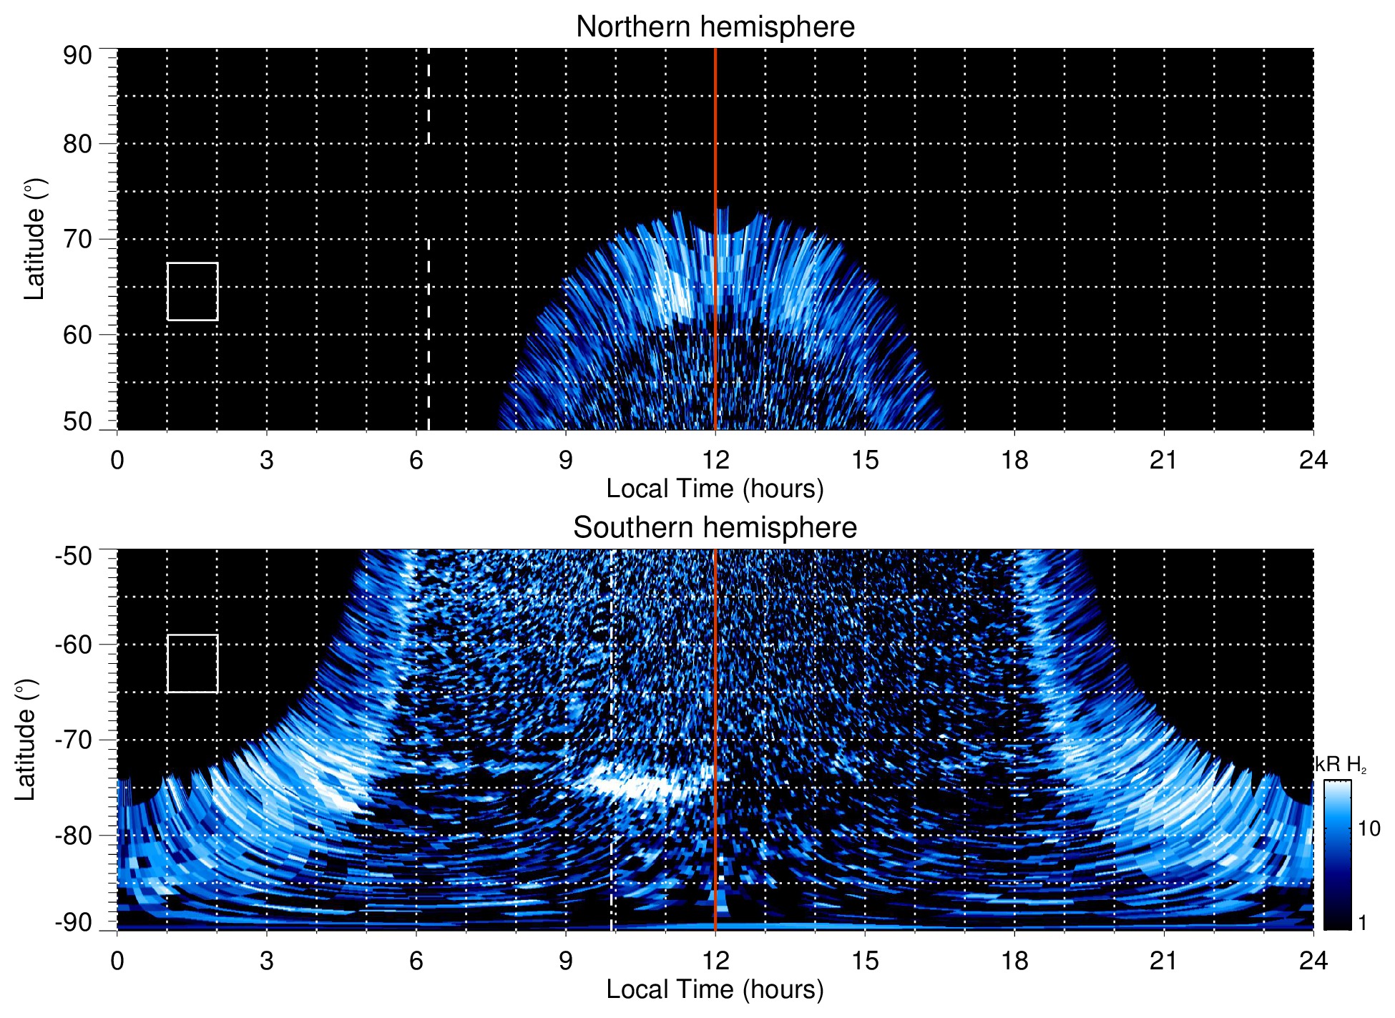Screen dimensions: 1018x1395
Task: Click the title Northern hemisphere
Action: (x=715, y=27)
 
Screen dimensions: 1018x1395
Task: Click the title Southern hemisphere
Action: (x=715, y=528)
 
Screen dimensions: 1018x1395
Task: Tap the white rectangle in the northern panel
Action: (x=192, y=291)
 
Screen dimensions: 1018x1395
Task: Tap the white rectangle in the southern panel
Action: (x=192, y=663)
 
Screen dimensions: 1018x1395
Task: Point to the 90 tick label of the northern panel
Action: (x=77, y=56)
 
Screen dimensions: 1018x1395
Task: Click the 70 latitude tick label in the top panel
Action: (x=77, y=239)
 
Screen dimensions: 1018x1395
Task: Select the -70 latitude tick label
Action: (x=74, y=740)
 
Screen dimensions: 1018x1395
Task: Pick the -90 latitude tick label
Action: (x=74, y=923)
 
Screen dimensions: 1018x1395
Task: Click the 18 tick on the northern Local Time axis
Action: (x=1014, y=460)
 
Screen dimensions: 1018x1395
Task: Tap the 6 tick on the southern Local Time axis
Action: (x=416, y=961)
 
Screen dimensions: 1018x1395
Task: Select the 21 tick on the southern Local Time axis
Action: (x=1164, y=961)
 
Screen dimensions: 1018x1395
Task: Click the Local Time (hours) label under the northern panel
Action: (x=715, y=489)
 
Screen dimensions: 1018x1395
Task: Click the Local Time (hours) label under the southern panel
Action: (x=715, y=989)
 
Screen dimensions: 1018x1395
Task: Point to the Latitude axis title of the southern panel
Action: (x=26, y=740)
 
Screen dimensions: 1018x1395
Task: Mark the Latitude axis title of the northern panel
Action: (x=34, y=239)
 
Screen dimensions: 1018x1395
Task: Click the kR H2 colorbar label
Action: (x=1341, y=765)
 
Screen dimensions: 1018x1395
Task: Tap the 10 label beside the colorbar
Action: (x=1369, y=828)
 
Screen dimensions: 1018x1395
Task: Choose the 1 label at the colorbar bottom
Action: (x=1362, y=923)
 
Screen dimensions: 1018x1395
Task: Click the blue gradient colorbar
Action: (x=1337, y=855)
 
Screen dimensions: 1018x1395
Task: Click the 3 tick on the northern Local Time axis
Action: (x=267, y=460)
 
